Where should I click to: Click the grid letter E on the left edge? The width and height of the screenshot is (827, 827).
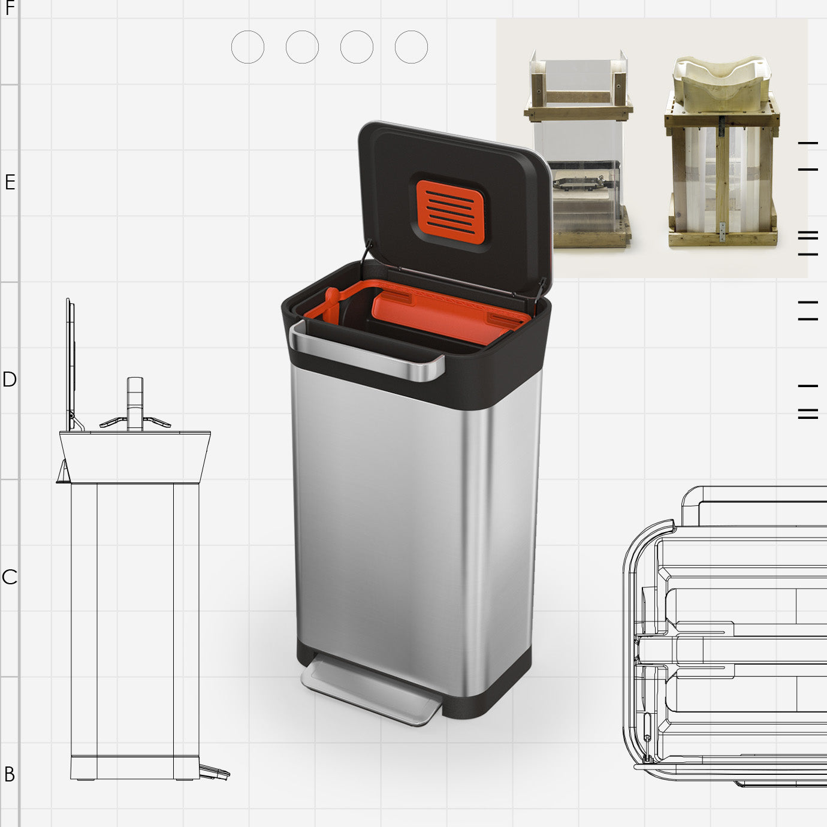click(10, 182)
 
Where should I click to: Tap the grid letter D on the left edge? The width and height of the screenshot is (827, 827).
click(10, 379)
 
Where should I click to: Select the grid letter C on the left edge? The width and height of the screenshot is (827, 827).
click(10, 577)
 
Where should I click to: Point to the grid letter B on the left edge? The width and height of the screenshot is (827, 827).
click(10, 774)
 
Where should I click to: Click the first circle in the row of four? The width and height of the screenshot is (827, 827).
click(248, 47)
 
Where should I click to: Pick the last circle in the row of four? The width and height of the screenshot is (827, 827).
click(411, 47)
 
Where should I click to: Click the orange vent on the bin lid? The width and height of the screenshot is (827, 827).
click(450, 212)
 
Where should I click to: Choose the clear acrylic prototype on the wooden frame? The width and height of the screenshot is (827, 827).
click(578, 156)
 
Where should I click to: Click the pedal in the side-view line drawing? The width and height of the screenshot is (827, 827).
click(214, 772)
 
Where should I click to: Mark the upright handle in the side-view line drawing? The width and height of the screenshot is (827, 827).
click(135, 402)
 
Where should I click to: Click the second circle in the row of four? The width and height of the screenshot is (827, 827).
click(302, 47)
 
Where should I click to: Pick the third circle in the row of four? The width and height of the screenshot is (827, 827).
click(357, 47)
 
